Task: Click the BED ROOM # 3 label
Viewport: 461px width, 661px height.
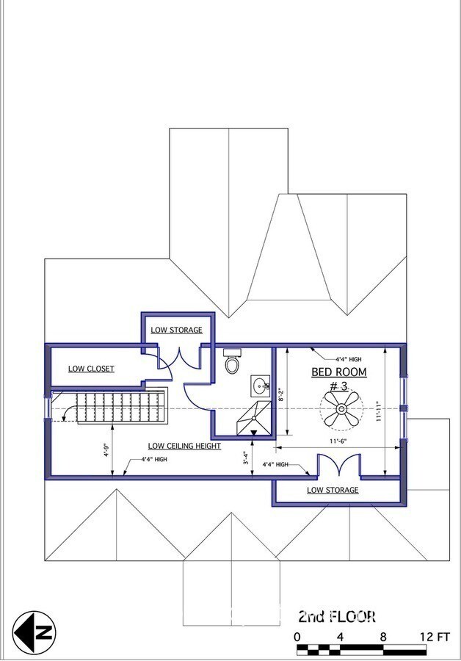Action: tap(338, 378)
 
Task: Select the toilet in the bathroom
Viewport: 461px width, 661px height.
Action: tap(231, 362)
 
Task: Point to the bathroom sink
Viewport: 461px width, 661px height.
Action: tap(260, 385)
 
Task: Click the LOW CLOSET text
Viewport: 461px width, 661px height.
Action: tap(91, 369)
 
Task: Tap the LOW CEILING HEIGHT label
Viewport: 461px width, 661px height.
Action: tap(184, 446)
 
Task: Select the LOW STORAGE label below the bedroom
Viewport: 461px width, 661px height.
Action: tap(333, 490)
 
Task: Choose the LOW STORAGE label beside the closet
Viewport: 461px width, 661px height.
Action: tap(176, 330)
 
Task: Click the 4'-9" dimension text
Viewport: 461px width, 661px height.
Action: tap(106, 450)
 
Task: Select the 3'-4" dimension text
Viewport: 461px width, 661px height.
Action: tap(247, 459)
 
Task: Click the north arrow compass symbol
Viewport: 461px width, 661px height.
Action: tap(35, 632)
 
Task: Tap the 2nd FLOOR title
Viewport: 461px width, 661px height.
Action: tap(337, 615)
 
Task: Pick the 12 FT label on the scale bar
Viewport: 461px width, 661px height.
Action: tap(434, 636)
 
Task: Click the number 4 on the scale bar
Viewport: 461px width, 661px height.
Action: tap(340, 636)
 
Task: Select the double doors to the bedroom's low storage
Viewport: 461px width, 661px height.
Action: tap(338, 466)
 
